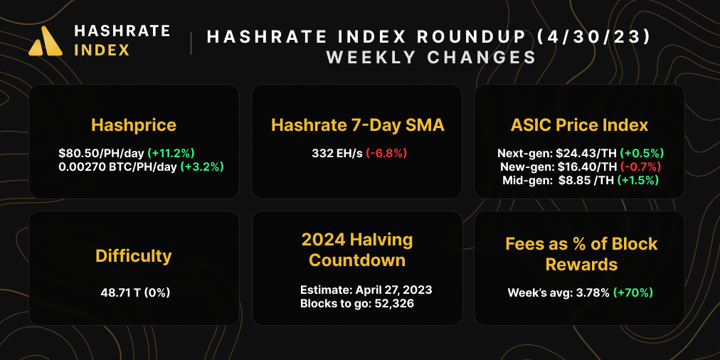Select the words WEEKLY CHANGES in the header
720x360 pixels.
(430, 58)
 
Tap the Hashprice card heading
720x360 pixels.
(134, 125)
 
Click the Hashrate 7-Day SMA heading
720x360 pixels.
(357, 125)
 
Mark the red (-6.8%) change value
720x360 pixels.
(386, 153)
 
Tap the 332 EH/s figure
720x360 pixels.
(337, 153)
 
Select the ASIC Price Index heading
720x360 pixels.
(579, 125)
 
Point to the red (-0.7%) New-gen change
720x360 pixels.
(640, 166)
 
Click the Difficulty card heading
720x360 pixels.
(134, 255)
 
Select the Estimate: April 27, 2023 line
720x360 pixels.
(366, 290)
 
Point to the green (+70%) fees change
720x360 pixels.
(632, 292)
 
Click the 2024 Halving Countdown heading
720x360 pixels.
(357, 249)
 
